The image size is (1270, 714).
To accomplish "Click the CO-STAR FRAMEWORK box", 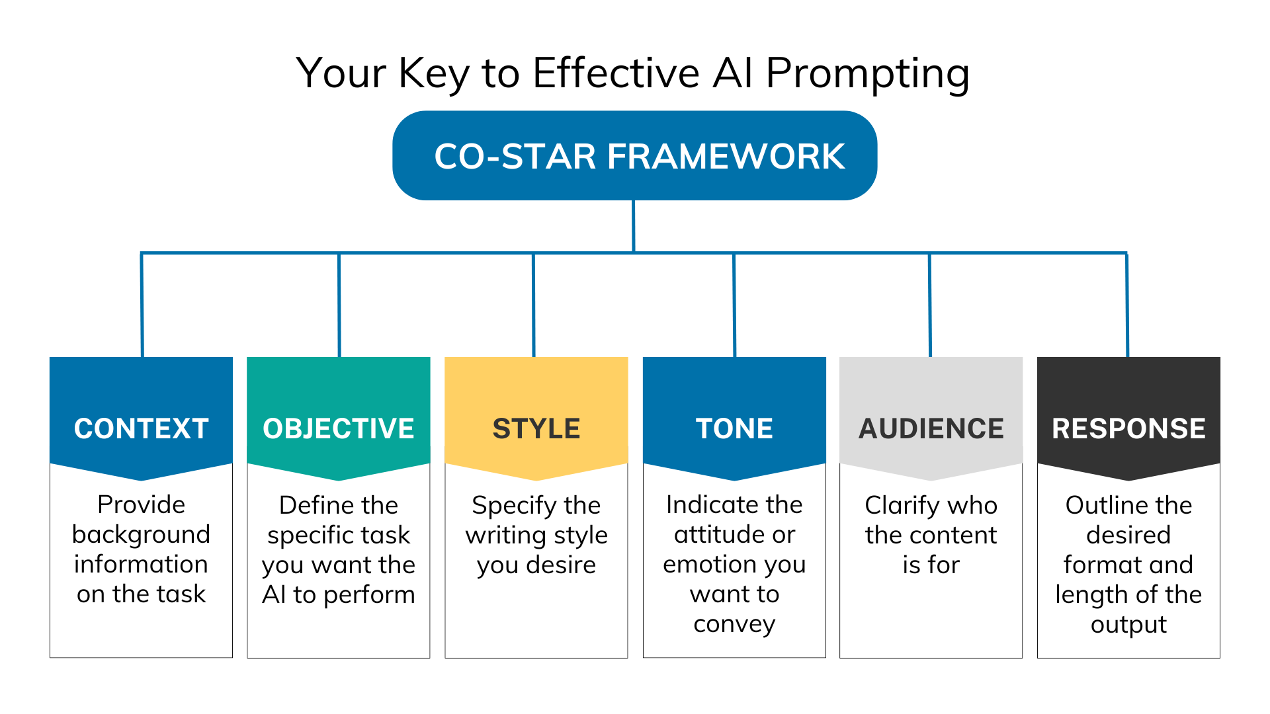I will click(635, 156).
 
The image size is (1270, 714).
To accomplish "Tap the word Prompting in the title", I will click(867, 74).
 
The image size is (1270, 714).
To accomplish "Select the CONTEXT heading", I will click(141, 428).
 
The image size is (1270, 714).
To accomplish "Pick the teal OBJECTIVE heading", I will click(338, 428).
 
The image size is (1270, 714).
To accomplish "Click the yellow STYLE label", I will click(536, 428).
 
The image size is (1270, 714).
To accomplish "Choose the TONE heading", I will click(734, 428).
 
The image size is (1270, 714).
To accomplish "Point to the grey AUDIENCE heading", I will click(931, 428).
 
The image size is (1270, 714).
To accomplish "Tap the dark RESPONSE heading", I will click(1128, 428).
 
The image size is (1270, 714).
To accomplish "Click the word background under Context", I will click(141, 534).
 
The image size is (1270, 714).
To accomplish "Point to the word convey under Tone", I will click(734, 624).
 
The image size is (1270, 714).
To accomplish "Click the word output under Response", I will click(1128, 625).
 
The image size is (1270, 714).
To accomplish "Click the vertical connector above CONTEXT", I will click(142, 304).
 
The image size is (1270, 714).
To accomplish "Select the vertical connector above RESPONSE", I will click(1127, 304).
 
